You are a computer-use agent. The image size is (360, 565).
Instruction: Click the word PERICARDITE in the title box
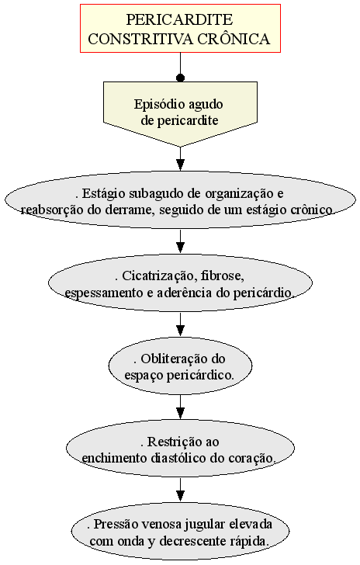coord(179,19)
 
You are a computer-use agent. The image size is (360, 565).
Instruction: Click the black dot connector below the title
coord(180,78)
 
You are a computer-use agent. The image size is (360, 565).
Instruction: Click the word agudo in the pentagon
coord(206,106)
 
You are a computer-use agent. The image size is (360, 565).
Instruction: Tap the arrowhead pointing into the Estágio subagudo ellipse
coord(180,165)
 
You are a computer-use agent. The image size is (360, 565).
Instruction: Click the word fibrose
coord(223,276)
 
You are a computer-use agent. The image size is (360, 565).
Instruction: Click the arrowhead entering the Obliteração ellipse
coord(180,330)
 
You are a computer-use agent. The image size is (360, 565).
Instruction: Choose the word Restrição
coord(170,442)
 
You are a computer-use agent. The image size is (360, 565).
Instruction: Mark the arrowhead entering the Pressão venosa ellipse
coord(180,495)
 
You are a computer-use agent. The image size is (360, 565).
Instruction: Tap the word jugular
coord(205,525)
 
